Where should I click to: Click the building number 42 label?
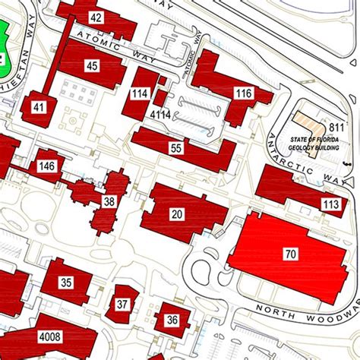(x=96, y=17)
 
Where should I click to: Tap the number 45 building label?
(x=93, y=66)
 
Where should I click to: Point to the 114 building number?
(x=140, y=93)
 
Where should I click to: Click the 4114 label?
(x=159, y=115)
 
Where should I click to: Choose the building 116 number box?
(x=243, y=93)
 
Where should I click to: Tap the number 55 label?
(x=176, y=148)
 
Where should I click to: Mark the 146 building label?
(x=47, y=166)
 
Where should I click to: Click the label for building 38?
(x=109, y=201)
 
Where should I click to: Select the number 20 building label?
(x=177, y=215)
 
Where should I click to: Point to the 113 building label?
(x=330, y=204)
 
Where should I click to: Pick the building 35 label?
(x=66, y=283)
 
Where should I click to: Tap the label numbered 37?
(x=122, y=305)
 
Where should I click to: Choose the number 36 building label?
(x=172, y=320)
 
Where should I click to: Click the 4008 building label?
(x=51, y=336)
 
